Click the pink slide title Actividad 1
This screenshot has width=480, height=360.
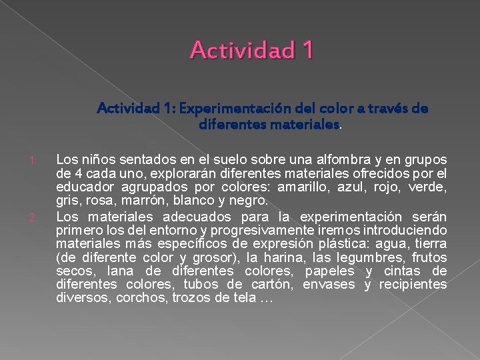coord(251,49)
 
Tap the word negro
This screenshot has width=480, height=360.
coord(247,200)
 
